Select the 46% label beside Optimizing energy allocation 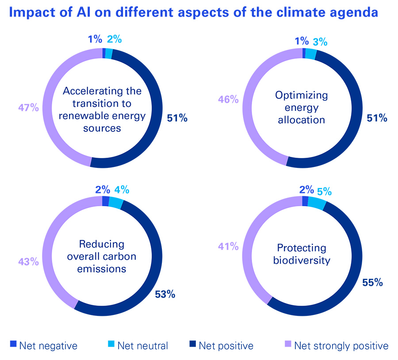[x=229, y=99]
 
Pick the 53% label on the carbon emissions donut [x=165, y=294]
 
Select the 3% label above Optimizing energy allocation [x=320, y=42]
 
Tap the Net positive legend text [x=226, y=345]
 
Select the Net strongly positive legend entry [x=341, y=345]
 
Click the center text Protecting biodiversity [x=302, y=254]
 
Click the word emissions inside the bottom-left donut [x=102, y=269]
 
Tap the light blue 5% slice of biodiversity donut [x=316, y=203]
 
